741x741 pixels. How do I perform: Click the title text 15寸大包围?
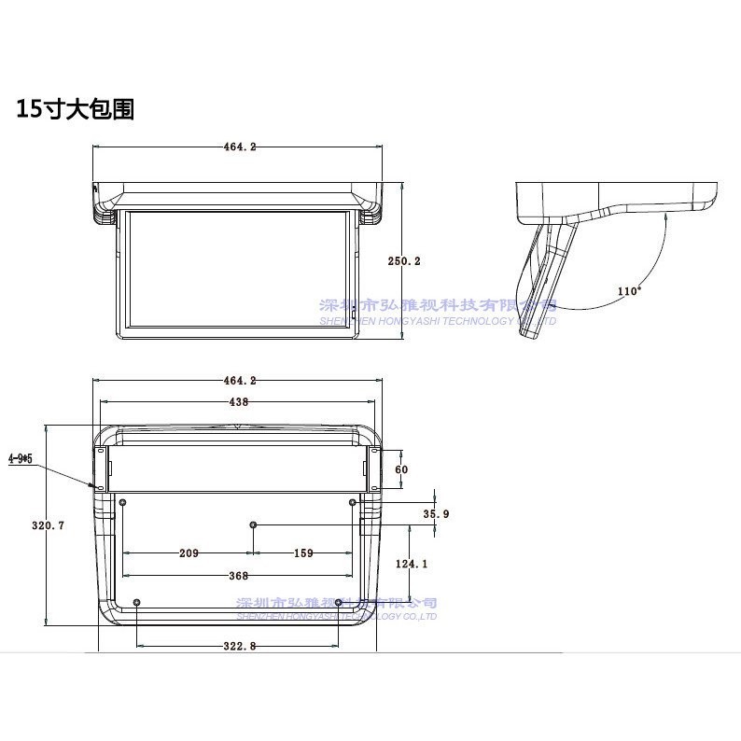click(x=76, y=109)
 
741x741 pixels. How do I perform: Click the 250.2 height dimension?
click(x=405, y=261)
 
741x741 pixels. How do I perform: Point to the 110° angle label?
click(x=629, y=291)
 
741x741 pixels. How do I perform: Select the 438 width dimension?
click(x=240, y=401)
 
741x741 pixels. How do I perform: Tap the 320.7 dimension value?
click(x=48, y=525)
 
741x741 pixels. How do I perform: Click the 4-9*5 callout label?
click(x=21, y=458)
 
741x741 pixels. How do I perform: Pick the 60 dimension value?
click(x=402, y=469)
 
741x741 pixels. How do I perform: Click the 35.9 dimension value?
click(x=436, y=513)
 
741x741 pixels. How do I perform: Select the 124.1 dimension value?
click(x=411, y=564)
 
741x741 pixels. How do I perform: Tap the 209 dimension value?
click(x=189, y=553)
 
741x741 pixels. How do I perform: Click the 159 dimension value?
click(x=303, y=553)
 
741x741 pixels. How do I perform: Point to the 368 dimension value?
click(x=240, y=576)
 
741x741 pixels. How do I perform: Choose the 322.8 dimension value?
click(x=240, y=646)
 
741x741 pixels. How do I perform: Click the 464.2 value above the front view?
click(x=240, y=147)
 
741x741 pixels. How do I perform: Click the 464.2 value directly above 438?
click(x=240, y=380)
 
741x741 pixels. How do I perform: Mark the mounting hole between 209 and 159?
click(x=252, y=525)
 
